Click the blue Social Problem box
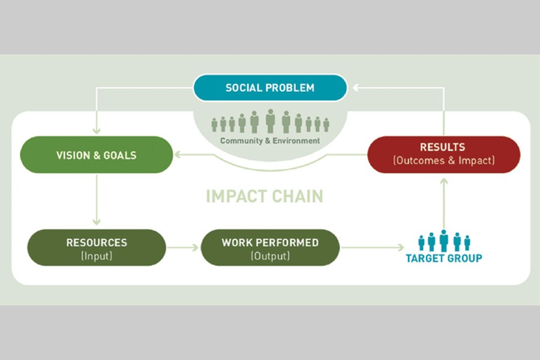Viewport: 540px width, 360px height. tap(270, 88)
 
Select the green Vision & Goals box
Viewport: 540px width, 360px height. tap(96, 155)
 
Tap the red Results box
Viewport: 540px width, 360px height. tap(443, 154)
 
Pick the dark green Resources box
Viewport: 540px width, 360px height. tap(96, 247)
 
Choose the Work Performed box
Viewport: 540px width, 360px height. tap(270, 247)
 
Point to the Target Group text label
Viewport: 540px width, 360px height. tap(443, 259)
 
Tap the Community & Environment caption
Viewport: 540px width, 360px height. tap(270, 141)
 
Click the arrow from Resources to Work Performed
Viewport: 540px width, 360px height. tap(182, 247)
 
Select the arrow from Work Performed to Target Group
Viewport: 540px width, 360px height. tap(372, 247)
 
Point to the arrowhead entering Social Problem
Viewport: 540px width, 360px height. tap(356, 88)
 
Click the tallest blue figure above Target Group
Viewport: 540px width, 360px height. tap(443, 240)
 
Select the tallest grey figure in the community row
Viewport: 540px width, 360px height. tap(270, 121)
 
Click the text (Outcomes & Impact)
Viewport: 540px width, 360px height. tap(443, 161)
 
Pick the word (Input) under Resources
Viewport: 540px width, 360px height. tap(96, 256)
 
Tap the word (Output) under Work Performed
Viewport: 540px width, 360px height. tap(270, 256)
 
